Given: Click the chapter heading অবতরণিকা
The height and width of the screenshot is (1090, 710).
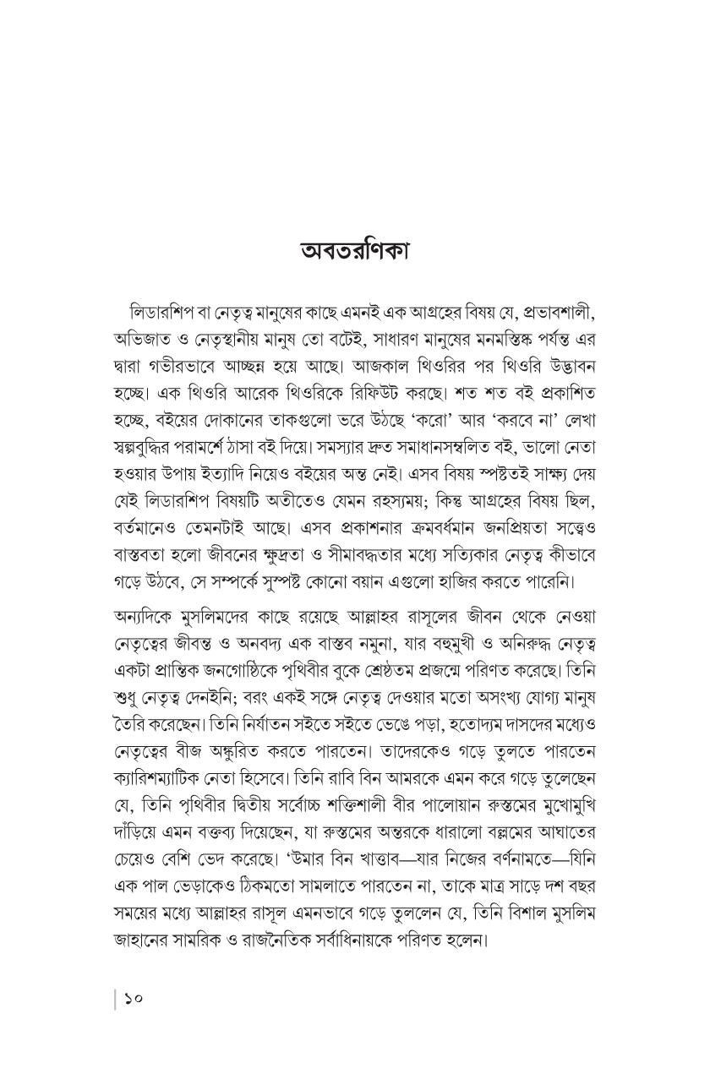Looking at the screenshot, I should pos(354,253).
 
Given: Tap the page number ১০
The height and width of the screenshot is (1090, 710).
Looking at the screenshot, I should pos(133,998).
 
